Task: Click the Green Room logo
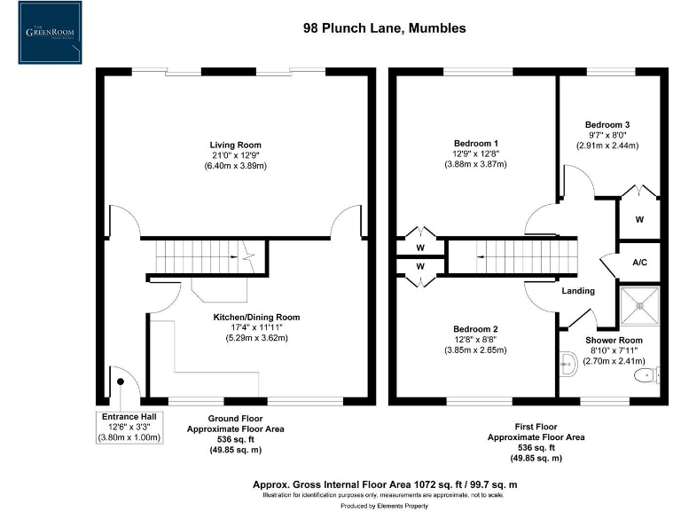pyautogui.click(x=50, y=34)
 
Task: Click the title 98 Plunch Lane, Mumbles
pyautogui.click(x=384, y=28)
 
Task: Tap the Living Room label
pyautogui.click(x=235, y=145)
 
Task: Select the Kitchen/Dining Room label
pyautogui.click(x=256, y=317)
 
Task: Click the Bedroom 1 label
pyautogui.click(x=475, y=144)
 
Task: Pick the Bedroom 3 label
pyautogui.click(x=607, y=124)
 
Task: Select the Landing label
pyautogui.click(x=578, y=291)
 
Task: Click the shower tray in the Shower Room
pyautogui.click(x=640, y=307)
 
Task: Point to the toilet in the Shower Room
pyautogui.click(x=646, y=376)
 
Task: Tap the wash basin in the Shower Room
pyautogui.click(x=567, y=363)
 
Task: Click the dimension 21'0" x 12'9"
pyautogui.click(x=235, y=155)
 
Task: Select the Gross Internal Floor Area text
pyautogui.click(x=384, y=484)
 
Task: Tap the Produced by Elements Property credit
pyautogui.click(x=384, y=505)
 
